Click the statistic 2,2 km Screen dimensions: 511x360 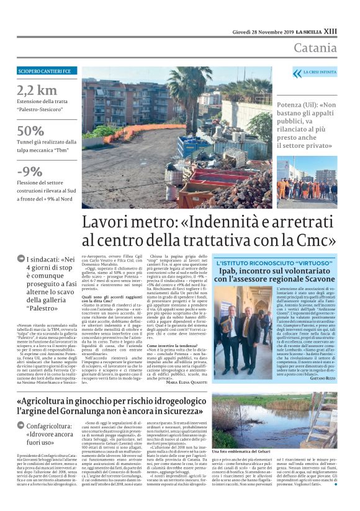[x=37, y=90]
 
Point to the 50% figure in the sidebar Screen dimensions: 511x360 [x=30, y=131]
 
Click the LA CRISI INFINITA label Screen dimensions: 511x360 [x=320, y=72]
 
